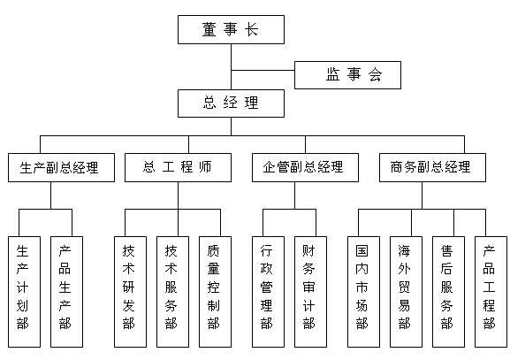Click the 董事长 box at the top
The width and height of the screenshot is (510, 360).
point(231,29)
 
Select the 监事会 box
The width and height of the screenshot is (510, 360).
point(347,75)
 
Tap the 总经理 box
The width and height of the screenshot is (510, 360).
point(231,103)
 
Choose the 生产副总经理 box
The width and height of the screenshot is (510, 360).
point(62,167)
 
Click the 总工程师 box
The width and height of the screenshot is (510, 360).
point(178,167)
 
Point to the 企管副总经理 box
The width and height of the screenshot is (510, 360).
point(305,167)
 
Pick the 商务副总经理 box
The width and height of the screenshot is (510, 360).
point(432,167)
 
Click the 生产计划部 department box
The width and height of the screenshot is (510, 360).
point(25,292)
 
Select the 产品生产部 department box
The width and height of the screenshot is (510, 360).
point(66,292)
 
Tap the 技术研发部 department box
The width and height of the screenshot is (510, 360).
point(130,292)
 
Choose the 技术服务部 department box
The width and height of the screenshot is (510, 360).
point(172,292)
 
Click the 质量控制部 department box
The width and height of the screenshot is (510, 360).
point(215,292)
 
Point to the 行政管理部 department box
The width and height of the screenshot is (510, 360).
point(268,292)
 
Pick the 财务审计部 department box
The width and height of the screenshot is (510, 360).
point(310,292)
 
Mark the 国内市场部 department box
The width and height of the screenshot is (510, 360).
point(363,292)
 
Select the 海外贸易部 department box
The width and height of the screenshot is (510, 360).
point(406,292)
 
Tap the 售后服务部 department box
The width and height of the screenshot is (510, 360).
point(448,292)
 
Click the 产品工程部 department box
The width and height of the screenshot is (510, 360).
point(491,292)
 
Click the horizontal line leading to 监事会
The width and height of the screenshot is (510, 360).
point(263,70)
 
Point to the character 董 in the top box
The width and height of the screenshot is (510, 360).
point(209,29)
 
